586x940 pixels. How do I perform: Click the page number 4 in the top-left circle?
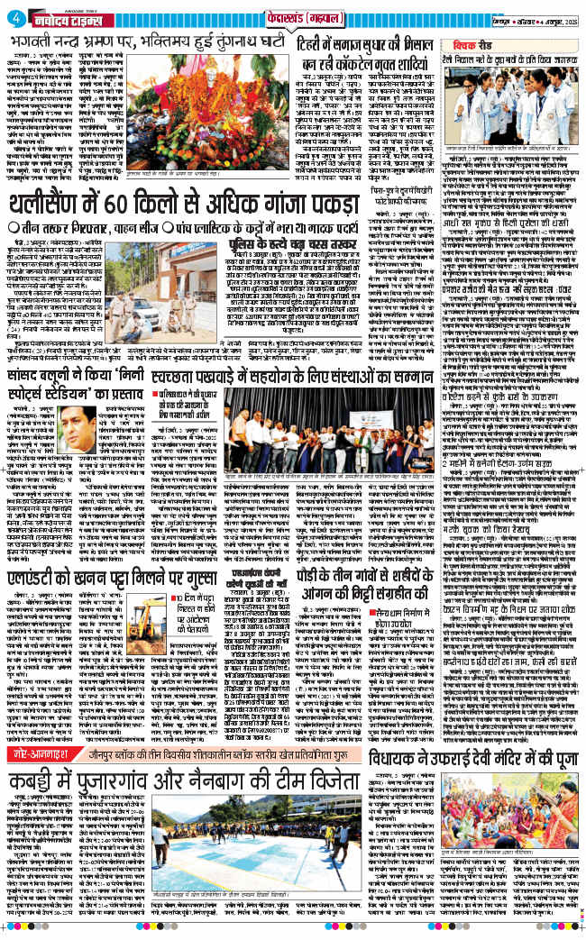tap(12, 12)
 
